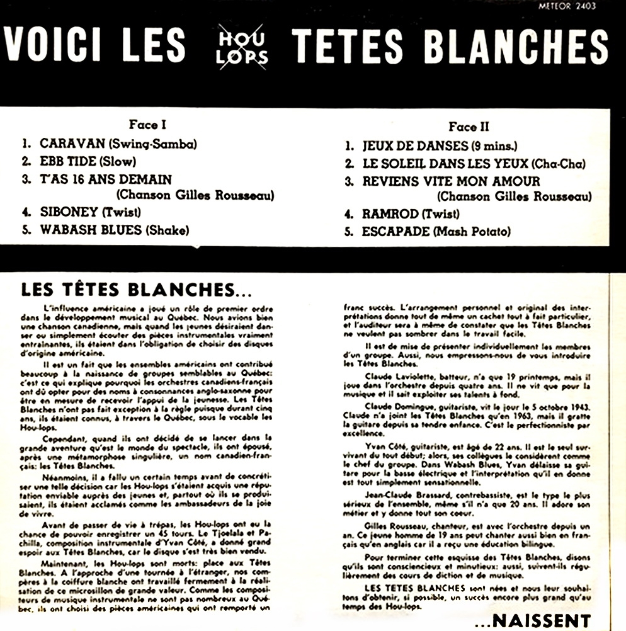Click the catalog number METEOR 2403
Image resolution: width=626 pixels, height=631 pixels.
point(567,6)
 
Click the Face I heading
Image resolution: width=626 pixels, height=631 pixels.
point(147,125)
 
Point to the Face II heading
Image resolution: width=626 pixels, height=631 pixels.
point(469,126)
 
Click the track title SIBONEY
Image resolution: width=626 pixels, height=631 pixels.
point(67,212)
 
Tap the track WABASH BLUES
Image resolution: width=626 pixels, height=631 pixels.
point(91,229)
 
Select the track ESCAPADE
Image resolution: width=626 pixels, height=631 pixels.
point(396,231)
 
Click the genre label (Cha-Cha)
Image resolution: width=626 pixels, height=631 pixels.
point(558,164)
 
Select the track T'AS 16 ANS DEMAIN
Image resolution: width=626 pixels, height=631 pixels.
point(105,179)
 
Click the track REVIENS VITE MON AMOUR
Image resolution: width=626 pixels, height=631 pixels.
point(450,181)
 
